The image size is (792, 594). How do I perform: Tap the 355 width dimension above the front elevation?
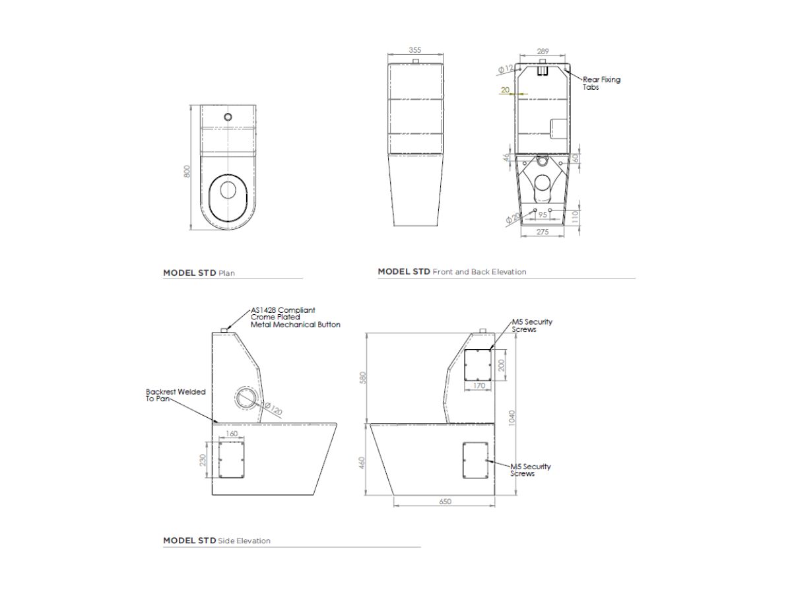coord(414,50)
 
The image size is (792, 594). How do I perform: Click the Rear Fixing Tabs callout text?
coord(601,83)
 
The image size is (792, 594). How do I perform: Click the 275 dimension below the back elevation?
coord(542,232)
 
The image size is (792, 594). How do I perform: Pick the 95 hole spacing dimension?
coord(543,214)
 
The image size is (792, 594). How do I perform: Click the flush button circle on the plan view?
coord(228,117)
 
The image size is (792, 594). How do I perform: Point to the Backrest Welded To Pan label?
coord(176,395)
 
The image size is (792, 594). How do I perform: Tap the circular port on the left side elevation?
coord(246,399)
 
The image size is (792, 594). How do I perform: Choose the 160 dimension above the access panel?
coord(232,434)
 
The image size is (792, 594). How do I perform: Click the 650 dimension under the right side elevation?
coord(445,502)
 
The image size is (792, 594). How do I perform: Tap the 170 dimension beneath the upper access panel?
coord(479,385)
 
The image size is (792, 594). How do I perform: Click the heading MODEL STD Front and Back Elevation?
coord(452,271)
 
